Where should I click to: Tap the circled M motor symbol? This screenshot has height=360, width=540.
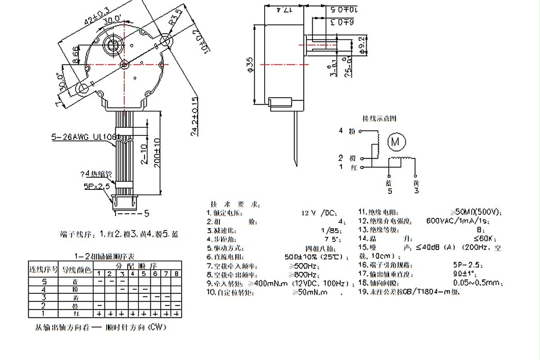coord(396,141)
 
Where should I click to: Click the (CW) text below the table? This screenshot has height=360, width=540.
coord(157,327)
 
